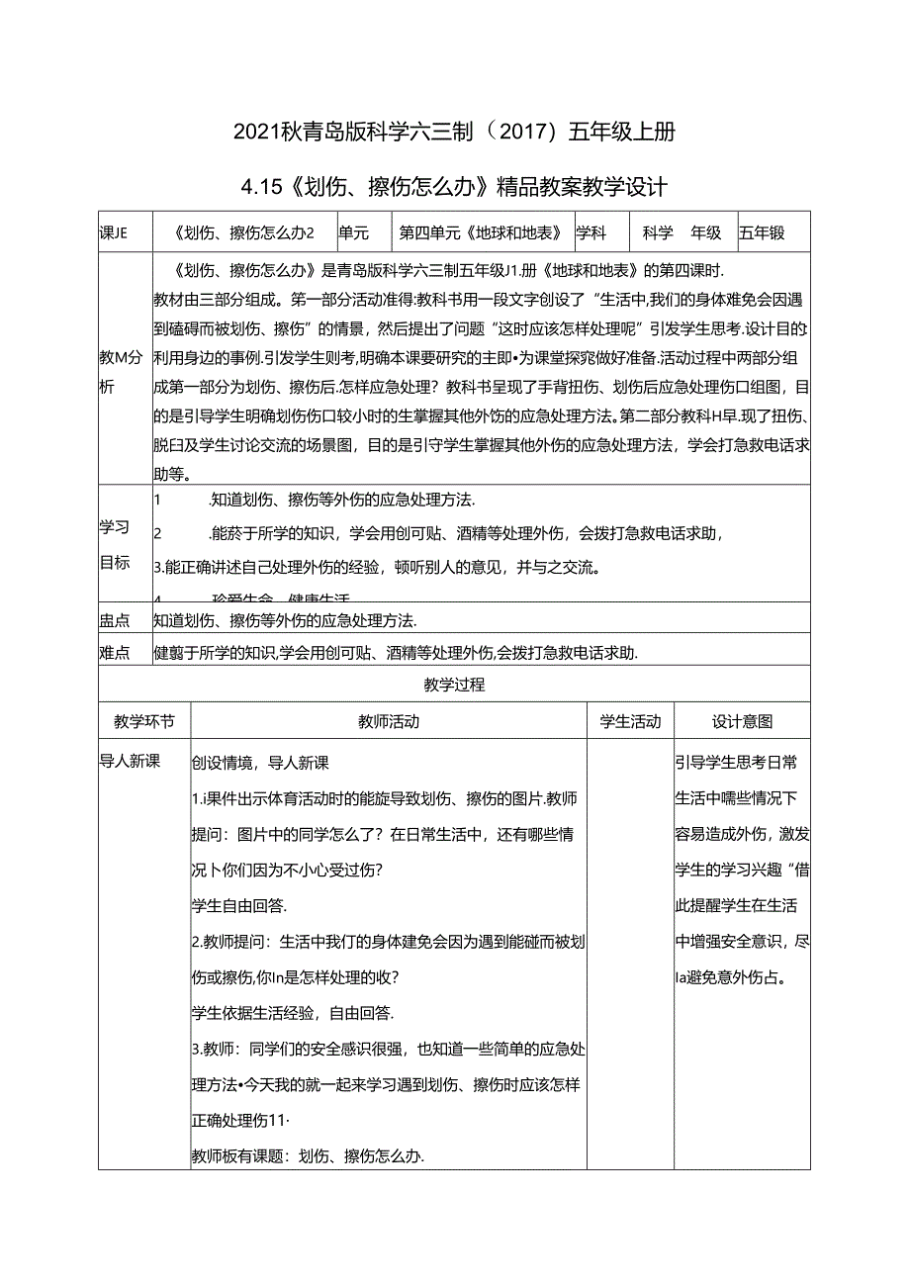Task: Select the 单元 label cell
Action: point(353,233)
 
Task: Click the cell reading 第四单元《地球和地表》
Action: point(481,233)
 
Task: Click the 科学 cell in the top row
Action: point(658,233)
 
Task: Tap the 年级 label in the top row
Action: point(706,233)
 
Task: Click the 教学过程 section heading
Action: point(454,685)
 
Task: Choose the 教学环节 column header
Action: point(144,722)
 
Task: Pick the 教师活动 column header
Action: point(389,722)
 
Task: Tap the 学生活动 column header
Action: point(630,722)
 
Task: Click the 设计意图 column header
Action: point(742,722)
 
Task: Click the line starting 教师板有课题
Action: point(308,1156)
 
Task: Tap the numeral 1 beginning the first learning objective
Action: point(158,499)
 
